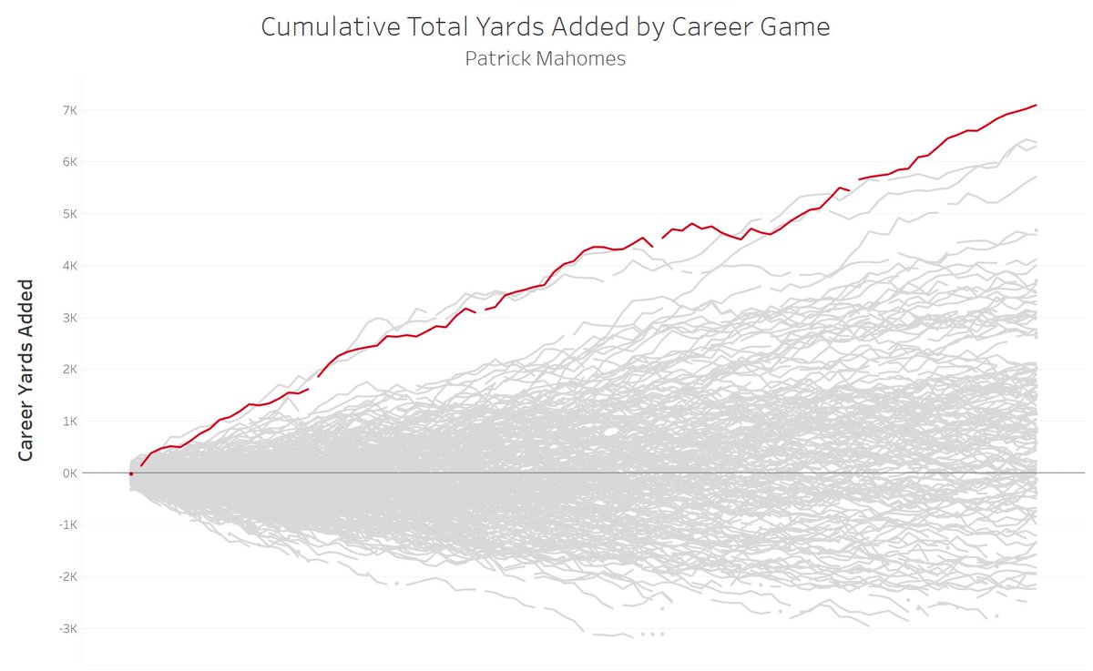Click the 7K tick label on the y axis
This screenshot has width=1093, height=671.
click(69, 110)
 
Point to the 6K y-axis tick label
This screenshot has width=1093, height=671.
click(69, 162)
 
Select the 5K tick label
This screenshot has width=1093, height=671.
click(69, 214)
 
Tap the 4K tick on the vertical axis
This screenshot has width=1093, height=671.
click(69, 266)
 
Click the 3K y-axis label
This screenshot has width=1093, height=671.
click(69, 318)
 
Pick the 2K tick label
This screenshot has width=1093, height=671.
click(69, 370)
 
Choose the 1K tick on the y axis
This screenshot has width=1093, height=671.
click(69, 422)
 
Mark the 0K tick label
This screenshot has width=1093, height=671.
click(69, 473)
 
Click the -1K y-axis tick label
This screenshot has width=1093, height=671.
click(67, 525)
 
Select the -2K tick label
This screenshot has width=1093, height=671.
click(67, 577)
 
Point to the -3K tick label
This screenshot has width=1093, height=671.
click(67, 629)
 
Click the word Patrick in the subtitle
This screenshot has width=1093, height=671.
click(495, 58)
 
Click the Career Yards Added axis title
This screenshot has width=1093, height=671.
click(26, 370)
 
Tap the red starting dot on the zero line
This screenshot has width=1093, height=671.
click(131, 473)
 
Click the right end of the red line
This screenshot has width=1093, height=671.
click(1037, 106)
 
